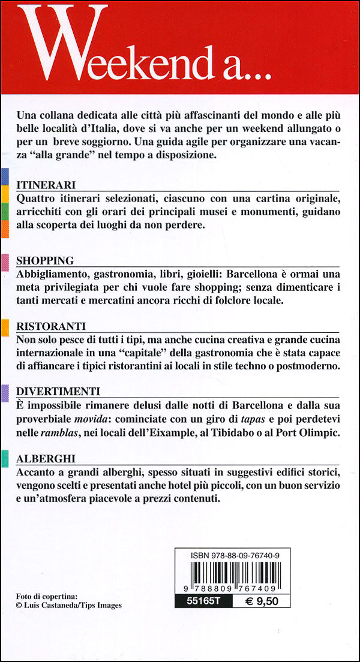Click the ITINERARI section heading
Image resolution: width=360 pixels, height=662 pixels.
coord(46,184)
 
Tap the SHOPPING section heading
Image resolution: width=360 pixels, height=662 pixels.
coord(45,260)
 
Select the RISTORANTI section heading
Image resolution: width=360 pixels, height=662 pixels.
coord(51,326)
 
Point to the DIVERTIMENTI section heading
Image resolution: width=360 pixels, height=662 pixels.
coord(58,392)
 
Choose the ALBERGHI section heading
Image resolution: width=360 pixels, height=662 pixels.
coord(46,459)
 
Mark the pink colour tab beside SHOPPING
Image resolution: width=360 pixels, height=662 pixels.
coord(4,260)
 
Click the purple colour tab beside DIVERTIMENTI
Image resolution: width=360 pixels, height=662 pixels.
coord(4,392)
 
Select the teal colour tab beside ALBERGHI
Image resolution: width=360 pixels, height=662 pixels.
coord(4,458)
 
